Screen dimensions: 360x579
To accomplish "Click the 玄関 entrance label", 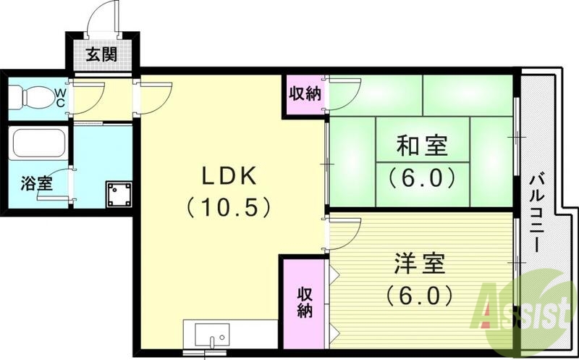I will pyautogui.click(x=101, y=54).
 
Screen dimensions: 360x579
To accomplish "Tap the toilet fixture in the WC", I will pyautogui.click(x=30, y=96).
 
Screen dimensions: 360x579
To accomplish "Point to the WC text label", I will pyautogui.click(x=61, y=97).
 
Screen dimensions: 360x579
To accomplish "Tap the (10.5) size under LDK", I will pyautogui.click(x=228, y=208).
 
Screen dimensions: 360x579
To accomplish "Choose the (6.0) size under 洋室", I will pyautogui.click(x=420, y=295).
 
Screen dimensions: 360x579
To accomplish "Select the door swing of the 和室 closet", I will pyautogui.click(x=345, y=91).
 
